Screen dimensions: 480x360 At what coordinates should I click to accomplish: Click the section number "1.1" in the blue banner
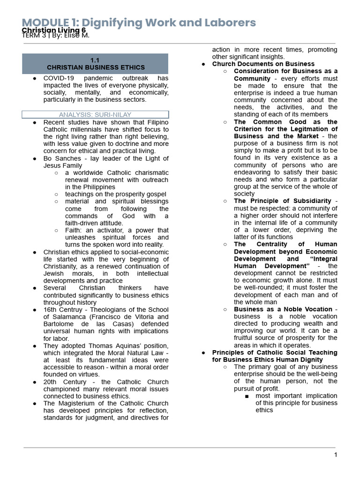pos(96,60)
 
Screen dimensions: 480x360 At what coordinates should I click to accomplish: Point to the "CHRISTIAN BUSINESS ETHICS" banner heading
pos(96,67)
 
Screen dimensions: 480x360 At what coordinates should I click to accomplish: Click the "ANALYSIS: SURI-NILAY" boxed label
pos(95,114)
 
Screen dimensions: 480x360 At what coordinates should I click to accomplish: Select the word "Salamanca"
pos(62,317)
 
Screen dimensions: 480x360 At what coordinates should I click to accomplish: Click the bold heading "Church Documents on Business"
pos(263,64)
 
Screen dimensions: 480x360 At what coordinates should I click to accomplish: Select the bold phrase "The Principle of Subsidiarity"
pos(283,201)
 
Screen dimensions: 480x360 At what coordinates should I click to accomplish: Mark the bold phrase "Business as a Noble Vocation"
pos(283,309)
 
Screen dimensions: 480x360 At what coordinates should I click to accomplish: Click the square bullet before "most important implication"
pos(247,396)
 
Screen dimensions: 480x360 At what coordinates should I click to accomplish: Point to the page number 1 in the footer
pos(335,455)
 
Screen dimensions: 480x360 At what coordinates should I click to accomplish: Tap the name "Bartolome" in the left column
pos(58,324)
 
